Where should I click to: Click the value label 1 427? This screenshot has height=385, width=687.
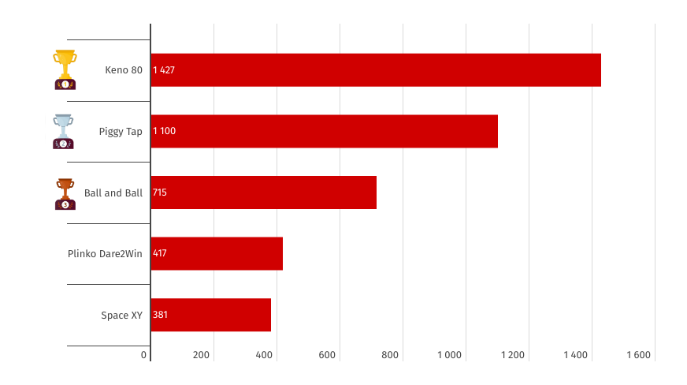point(164,70)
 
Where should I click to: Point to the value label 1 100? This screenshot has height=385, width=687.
point(164,131)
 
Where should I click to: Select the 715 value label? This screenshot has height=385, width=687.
point(160,192)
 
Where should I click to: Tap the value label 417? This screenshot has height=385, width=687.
point(160,253)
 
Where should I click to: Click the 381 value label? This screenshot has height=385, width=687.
point(160,315)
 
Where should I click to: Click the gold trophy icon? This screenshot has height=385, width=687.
point(65,69)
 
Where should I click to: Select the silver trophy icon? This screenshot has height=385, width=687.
point(63,131)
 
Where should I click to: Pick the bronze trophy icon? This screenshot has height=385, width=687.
point(65,193)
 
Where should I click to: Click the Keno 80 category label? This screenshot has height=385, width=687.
point(124,70)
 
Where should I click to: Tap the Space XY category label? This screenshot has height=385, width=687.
point(121,316)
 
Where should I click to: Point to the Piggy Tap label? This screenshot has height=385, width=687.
point(121,131)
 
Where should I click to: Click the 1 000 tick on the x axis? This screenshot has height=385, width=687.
point(449,355)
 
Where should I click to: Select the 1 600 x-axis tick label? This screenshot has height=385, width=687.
point(638,355)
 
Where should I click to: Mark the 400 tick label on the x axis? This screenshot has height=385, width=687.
point(264,355)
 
